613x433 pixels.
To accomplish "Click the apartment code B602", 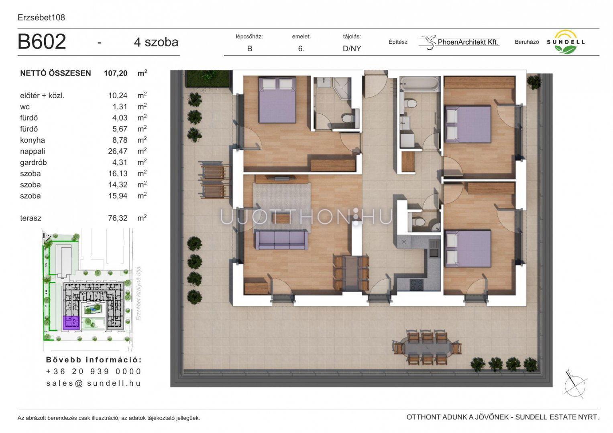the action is click(42, 42).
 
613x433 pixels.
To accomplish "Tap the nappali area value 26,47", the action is click(118, 151).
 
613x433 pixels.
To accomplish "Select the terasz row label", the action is click(31, 218).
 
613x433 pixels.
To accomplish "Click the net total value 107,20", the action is click(116, 73).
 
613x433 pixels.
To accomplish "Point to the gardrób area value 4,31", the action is click(120, 162).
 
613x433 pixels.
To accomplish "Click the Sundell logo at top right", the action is click(566, 42).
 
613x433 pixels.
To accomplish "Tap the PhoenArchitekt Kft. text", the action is click(468, 42).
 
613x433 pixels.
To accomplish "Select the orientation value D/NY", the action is click(352, 49).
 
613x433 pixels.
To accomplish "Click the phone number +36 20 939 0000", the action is click(94, 371).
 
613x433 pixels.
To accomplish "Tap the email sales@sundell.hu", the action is click(94, 383).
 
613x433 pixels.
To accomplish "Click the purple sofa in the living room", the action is click(281, 239).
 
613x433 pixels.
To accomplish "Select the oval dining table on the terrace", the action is click(428, 348).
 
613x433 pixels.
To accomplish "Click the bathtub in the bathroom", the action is click(419, 83).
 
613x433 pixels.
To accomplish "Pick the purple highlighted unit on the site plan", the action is click(71, 323).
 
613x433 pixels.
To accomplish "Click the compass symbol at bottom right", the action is click(575, 386).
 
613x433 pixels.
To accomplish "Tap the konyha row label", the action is click(32, 140).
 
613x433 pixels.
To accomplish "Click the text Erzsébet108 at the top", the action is click(41, 18).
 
